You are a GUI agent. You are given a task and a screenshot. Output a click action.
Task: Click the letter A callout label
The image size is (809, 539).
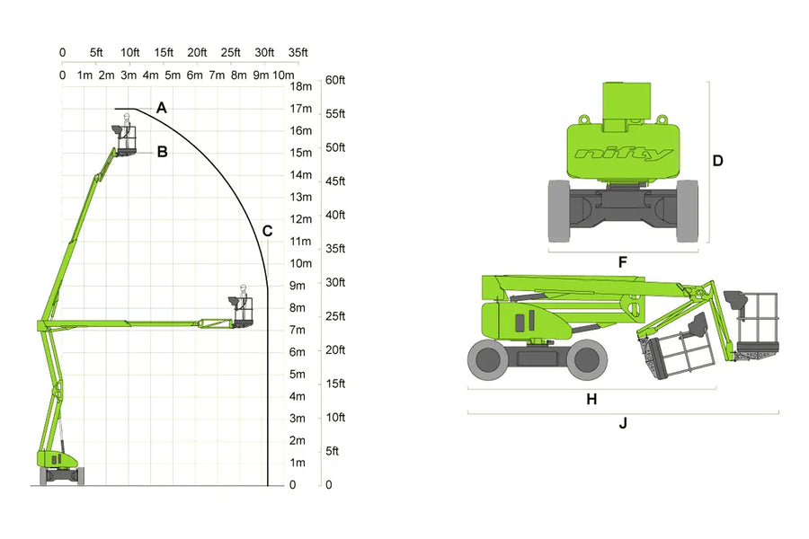[161, 108]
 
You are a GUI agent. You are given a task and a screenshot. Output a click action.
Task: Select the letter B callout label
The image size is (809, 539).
[162, 152]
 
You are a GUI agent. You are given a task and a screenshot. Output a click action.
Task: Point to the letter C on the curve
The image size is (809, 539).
[267, 231]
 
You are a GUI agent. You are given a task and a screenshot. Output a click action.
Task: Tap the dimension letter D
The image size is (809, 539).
[717, 161]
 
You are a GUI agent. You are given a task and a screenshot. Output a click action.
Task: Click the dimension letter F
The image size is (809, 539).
[622, 263]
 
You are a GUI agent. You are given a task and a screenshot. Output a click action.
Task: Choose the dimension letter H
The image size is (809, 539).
[591, 399]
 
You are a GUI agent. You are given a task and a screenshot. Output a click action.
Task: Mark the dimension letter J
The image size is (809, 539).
[622, 422]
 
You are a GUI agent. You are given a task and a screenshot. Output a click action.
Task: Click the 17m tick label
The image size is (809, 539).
[300, 109]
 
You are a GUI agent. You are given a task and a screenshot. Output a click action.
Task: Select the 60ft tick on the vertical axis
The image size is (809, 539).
[334, 80]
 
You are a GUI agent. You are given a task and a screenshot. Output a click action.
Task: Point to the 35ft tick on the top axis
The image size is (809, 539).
[298, 53]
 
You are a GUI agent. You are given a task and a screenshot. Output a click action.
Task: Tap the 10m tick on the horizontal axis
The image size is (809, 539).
[283, 75]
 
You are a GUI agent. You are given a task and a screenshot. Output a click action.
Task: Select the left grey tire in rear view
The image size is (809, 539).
[559, 211]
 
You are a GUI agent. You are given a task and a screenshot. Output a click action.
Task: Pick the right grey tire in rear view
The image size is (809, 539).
[687, 211]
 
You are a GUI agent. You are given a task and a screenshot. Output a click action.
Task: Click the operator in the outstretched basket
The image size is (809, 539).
[243, 296]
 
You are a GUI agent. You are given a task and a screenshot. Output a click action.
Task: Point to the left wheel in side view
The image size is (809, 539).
[488, 358]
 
